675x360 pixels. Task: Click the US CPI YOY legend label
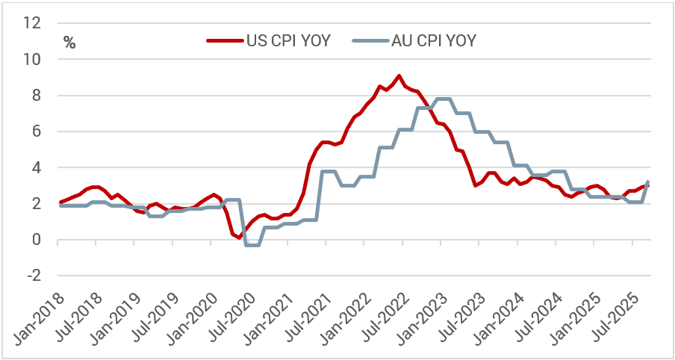[287, 40]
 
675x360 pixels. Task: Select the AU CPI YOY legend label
[433, 40]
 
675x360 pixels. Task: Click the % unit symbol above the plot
[69, 43]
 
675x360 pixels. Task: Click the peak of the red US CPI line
[399, 75]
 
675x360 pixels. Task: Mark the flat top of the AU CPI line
[442, 99]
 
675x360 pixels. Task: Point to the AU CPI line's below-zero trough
[252, 245]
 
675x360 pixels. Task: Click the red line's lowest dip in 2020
[239, 238]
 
